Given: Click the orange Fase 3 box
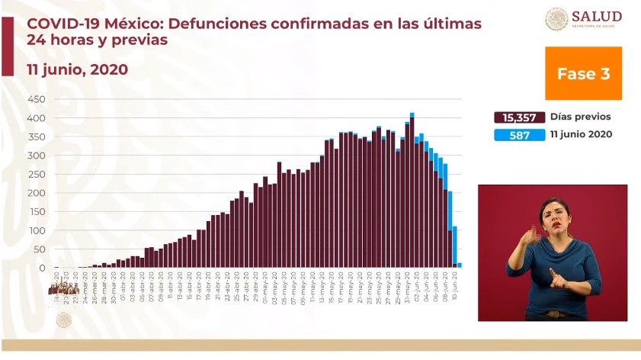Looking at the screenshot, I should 583,73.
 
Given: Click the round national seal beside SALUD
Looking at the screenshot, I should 556,19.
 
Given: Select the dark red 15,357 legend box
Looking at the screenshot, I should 519,117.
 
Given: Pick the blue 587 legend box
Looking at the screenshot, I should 519,135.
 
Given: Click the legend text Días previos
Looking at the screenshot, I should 581,117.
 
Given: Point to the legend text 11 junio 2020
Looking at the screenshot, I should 582,135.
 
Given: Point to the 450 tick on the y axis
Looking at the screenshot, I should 37,100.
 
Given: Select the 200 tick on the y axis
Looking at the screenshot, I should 37,193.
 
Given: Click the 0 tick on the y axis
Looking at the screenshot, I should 43,268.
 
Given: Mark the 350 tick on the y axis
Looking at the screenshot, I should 37,137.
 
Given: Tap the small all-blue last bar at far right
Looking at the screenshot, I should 460,265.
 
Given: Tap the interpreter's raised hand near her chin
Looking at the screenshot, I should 531,235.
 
